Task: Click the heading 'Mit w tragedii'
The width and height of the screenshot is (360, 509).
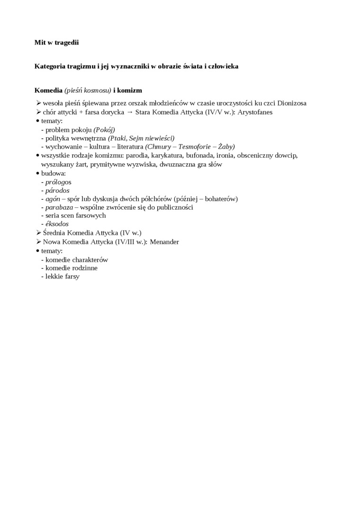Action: [56, 43]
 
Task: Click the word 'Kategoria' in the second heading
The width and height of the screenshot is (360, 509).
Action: [50, 66]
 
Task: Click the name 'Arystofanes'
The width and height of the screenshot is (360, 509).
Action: [255, 112]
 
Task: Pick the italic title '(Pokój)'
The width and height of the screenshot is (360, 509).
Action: [104, 130]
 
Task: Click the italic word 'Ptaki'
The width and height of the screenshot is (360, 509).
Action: [117, 138]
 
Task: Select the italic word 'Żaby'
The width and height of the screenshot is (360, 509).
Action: [225, 147]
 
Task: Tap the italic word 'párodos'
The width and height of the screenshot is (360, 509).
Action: [57, 190]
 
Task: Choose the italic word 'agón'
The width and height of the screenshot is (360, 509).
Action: [53, 199]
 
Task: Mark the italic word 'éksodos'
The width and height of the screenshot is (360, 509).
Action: [57, 224]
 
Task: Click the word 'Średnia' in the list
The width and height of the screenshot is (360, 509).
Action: [54, 233]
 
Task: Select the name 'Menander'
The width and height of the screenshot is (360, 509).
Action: [164, 242]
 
